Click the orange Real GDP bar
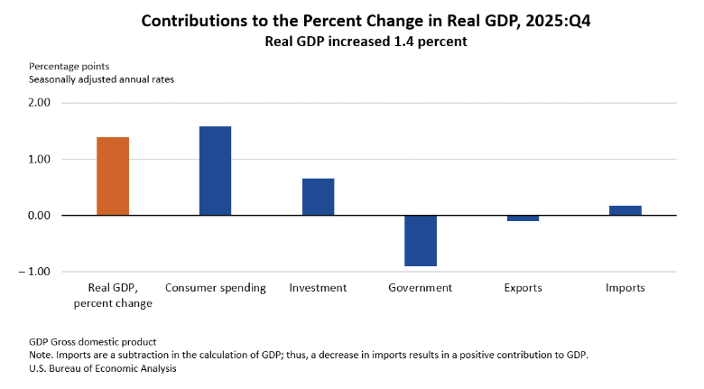coord(113,176)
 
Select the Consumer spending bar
coord(215,171)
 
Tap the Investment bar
coord(318,197)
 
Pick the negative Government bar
coord(421,240)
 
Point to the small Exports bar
coord(523,218)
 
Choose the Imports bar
coord(625,210)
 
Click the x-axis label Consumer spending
coord(216,288)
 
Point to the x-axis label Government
coord(421,288)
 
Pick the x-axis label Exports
coord(523,288)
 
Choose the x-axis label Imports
coord(625,288)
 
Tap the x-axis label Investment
coord(318,288)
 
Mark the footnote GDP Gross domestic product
coord(93,342)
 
